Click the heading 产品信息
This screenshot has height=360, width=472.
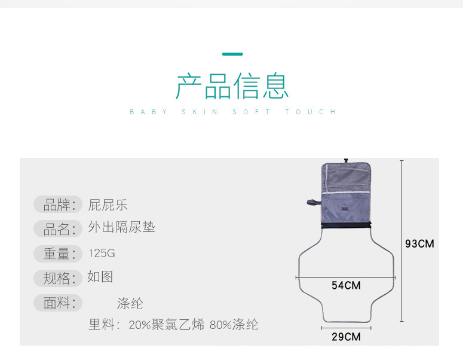(232, 86)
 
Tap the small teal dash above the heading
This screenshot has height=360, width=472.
(232, 54)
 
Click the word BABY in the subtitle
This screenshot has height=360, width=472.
(148, 112)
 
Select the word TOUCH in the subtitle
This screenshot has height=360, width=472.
(310, 112)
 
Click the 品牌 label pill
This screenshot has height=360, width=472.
(58, 205)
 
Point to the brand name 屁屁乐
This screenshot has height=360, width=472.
(108, 205)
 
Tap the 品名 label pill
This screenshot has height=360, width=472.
(58, 229)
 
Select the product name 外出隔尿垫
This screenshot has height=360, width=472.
(121, 227)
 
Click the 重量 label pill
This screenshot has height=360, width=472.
(58, 254)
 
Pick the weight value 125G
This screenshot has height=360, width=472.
(102, 254)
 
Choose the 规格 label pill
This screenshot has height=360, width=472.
(58, 278)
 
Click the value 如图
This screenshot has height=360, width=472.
(100, 276)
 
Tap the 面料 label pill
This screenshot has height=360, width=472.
(58, 303)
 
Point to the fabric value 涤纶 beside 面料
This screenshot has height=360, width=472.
(130, 303)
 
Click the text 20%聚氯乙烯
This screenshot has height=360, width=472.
(167, 325)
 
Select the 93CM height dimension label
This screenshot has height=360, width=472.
(419, 244)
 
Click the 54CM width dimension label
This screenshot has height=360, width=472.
(346, 285)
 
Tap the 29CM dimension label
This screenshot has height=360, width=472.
(346, 337)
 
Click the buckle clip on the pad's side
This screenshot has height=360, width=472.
(314, 203)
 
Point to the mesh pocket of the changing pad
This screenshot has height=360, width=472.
(346, 178)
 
